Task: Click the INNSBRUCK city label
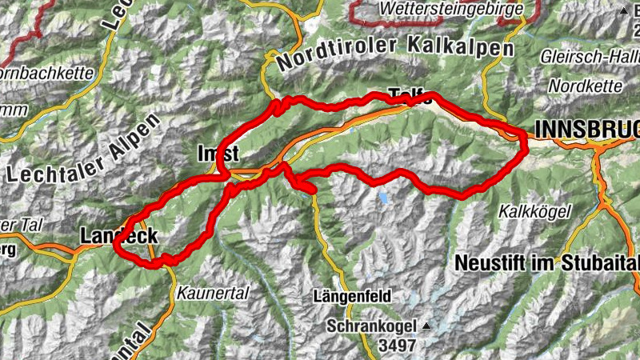click(587, 129)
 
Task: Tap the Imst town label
click(218, 152)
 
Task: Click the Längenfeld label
click(352, 296)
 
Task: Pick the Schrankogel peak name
click(372, 326)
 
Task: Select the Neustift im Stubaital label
click(546, 262)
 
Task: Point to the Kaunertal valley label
click(215, 294)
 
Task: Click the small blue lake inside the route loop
click(386, 196)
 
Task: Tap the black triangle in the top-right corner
click(624, 12)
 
